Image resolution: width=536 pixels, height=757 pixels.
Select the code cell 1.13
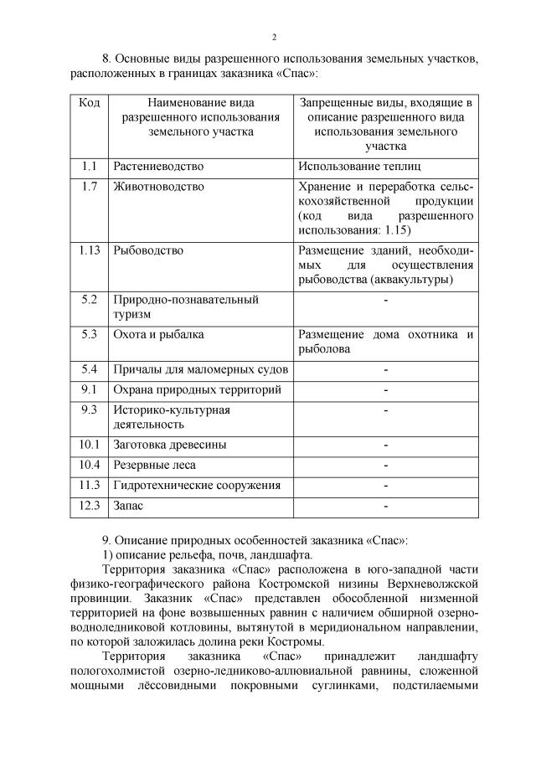tap(90, 250)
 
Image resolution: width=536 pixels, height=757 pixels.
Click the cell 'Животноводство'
tap(159, 187)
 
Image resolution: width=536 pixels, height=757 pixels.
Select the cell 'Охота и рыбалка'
tap(159, 334)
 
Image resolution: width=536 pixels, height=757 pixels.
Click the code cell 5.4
tap(90, 369)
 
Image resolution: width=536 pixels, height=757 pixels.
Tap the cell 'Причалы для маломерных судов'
tap(201, 369)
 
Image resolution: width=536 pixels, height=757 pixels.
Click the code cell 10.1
tap(90, 445)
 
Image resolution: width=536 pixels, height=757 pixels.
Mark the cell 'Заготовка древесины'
tap(170, 445)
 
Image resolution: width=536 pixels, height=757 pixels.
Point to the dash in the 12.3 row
tap(385, 506)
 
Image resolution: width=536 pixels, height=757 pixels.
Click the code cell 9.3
tap(90, 409)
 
